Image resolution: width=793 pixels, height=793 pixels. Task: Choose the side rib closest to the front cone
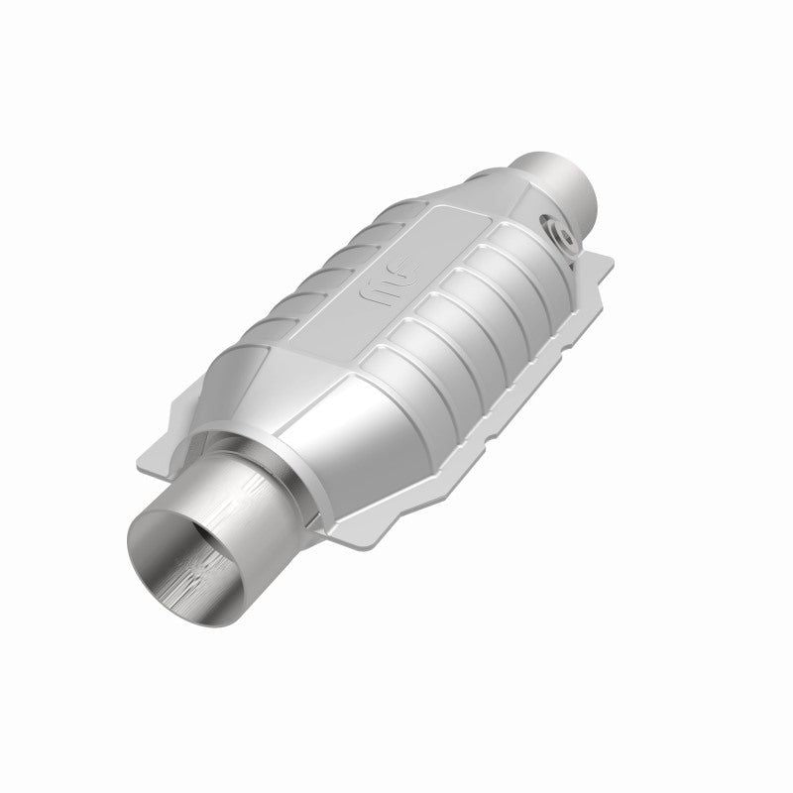396,378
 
